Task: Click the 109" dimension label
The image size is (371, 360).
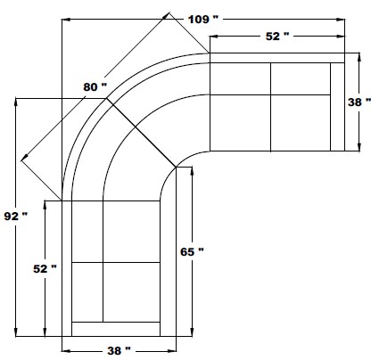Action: pyautogui.click(x=203, y=20)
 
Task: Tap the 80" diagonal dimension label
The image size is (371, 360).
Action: pyautogui.click(x=95, y=87)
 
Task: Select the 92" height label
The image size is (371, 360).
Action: pyautogui.click(x=15, y=216)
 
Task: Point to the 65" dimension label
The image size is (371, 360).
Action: pyautogui.click(x=192, y=252)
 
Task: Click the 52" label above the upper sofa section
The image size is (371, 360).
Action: pyautogui.click(x=277, y=37)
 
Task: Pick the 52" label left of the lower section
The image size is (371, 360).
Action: pyautogui.click(x=45, y=269)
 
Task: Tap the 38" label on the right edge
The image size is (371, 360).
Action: pyautogui.click(x=359, y=102)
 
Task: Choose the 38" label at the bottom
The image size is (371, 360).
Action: pyautogui.click(x=119, y=351)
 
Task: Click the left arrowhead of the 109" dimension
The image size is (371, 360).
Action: pyautogui.click(x=66, y=20)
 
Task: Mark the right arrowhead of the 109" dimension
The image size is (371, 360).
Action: pyautogui.click(x=341, y=20)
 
